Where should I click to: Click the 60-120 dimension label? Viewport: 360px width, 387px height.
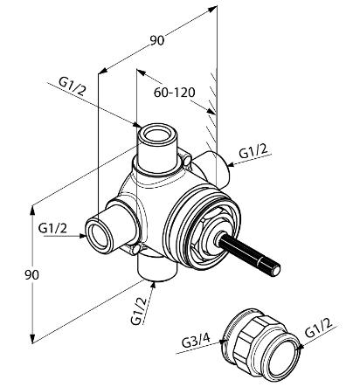[x=174, y=93]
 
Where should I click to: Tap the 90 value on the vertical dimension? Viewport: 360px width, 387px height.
[x=31, y=274]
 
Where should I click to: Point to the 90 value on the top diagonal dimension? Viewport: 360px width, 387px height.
[x=157, y=40]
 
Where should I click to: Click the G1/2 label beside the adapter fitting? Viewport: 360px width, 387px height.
[x=319, y=328]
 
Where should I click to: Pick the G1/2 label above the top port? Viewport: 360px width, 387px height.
[x=73, y=86]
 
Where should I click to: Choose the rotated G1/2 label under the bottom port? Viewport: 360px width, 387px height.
[x=138, y=311]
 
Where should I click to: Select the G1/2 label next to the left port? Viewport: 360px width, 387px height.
[x=52, y=228]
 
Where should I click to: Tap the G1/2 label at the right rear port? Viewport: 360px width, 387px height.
[x=253, y=151]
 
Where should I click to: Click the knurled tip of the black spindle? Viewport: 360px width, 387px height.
[x=274, y=269]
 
